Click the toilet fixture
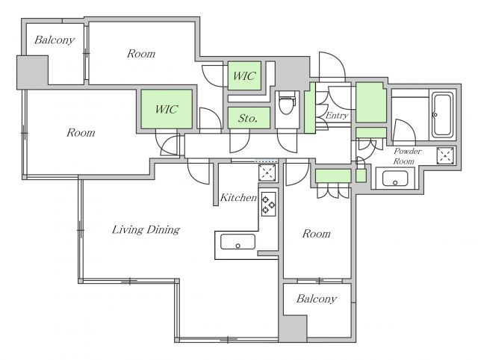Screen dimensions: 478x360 point(287,105)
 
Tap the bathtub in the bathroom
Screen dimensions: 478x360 point(442,115)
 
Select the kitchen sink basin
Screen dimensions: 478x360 point(238,242)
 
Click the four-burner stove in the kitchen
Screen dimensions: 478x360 point(269,204)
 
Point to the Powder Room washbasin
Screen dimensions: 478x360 point(395,179)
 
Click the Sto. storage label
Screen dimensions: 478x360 point(248,118)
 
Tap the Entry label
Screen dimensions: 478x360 point(337,116)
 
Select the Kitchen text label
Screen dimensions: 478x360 point(238,197)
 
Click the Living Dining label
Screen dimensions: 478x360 point(146,230)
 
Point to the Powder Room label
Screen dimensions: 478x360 point(407,156)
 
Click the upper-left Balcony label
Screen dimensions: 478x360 point(55,40)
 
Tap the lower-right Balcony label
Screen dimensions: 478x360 point(317,299)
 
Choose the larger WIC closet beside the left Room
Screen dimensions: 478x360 point(167,109)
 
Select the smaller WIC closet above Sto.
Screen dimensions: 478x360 point(244,76)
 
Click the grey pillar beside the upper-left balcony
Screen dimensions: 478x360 point(32,72)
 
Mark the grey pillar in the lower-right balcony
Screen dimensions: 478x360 point(293,329)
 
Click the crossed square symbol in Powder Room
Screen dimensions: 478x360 point(445,156)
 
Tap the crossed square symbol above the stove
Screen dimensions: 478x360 point(267,173)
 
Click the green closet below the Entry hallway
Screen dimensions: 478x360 point(333,176)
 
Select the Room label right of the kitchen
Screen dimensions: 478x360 point(317,234)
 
